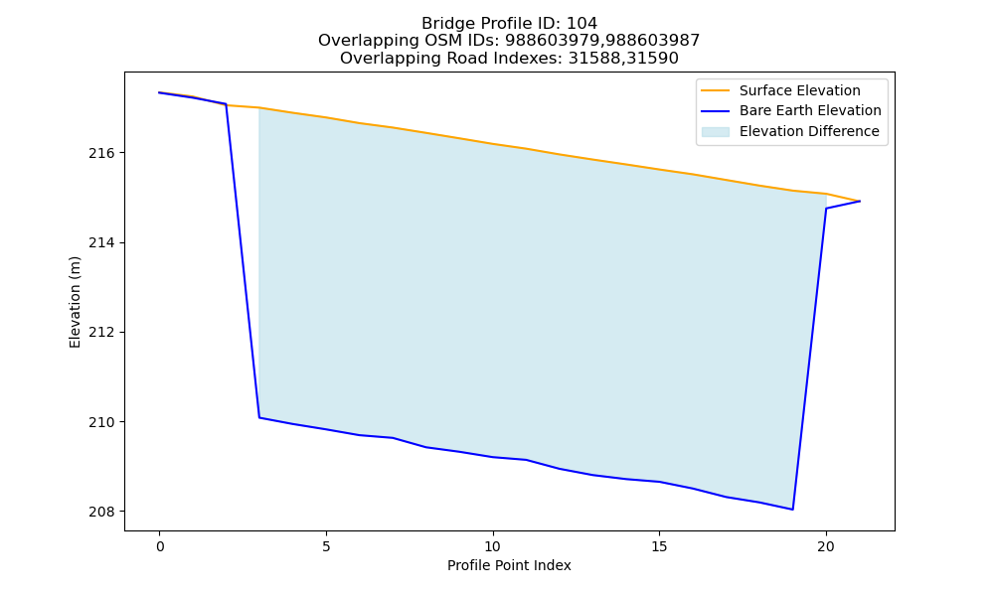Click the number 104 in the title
click(x=581, y=24)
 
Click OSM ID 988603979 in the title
click(x=552, y=41)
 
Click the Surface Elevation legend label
click(x=799, y=90)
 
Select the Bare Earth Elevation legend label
click(x=810, y=111)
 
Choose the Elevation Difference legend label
click(x=809, y=131)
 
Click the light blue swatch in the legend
click(x=715, y=132)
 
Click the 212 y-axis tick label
click(x=100, y=333)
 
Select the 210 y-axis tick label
click(x=100, y=422)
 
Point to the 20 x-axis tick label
click(x=826, y=546)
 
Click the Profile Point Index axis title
click(x=509, y=565)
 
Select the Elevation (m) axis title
click(x=75, y=302)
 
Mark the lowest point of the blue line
click(x=792, y=510)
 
